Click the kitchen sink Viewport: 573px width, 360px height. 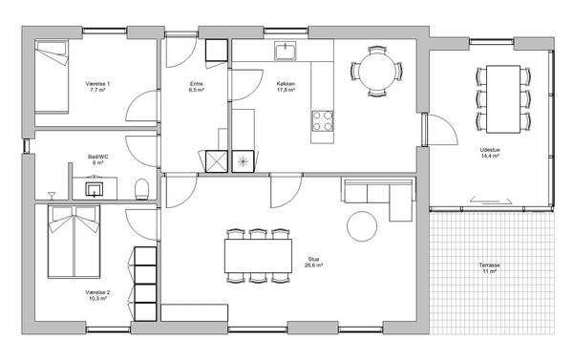[x=286, y=51]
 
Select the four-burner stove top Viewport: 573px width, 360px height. [x=323, y=121]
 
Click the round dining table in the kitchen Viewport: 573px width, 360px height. [x=377, y=72]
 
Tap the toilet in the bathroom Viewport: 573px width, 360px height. [x=141, y=189]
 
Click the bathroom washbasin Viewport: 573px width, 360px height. [x=95, y=189]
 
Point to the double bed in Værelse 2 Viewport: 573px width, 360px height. [x=74, y=242]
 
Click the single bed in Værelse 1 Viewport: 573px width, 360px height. [x=52, y=76]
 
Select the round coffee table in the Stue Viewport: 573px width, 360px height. [x=362, y=226]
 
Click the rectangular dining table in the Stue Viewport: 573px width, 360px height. [x=258, y=256]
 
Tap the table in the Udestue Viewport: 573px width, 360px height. [x=503, y=99]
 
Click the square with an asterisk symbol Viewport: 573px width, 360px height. [x=243, y=161]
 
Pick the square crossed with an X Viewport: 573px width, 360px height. [x=217, y=161]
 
